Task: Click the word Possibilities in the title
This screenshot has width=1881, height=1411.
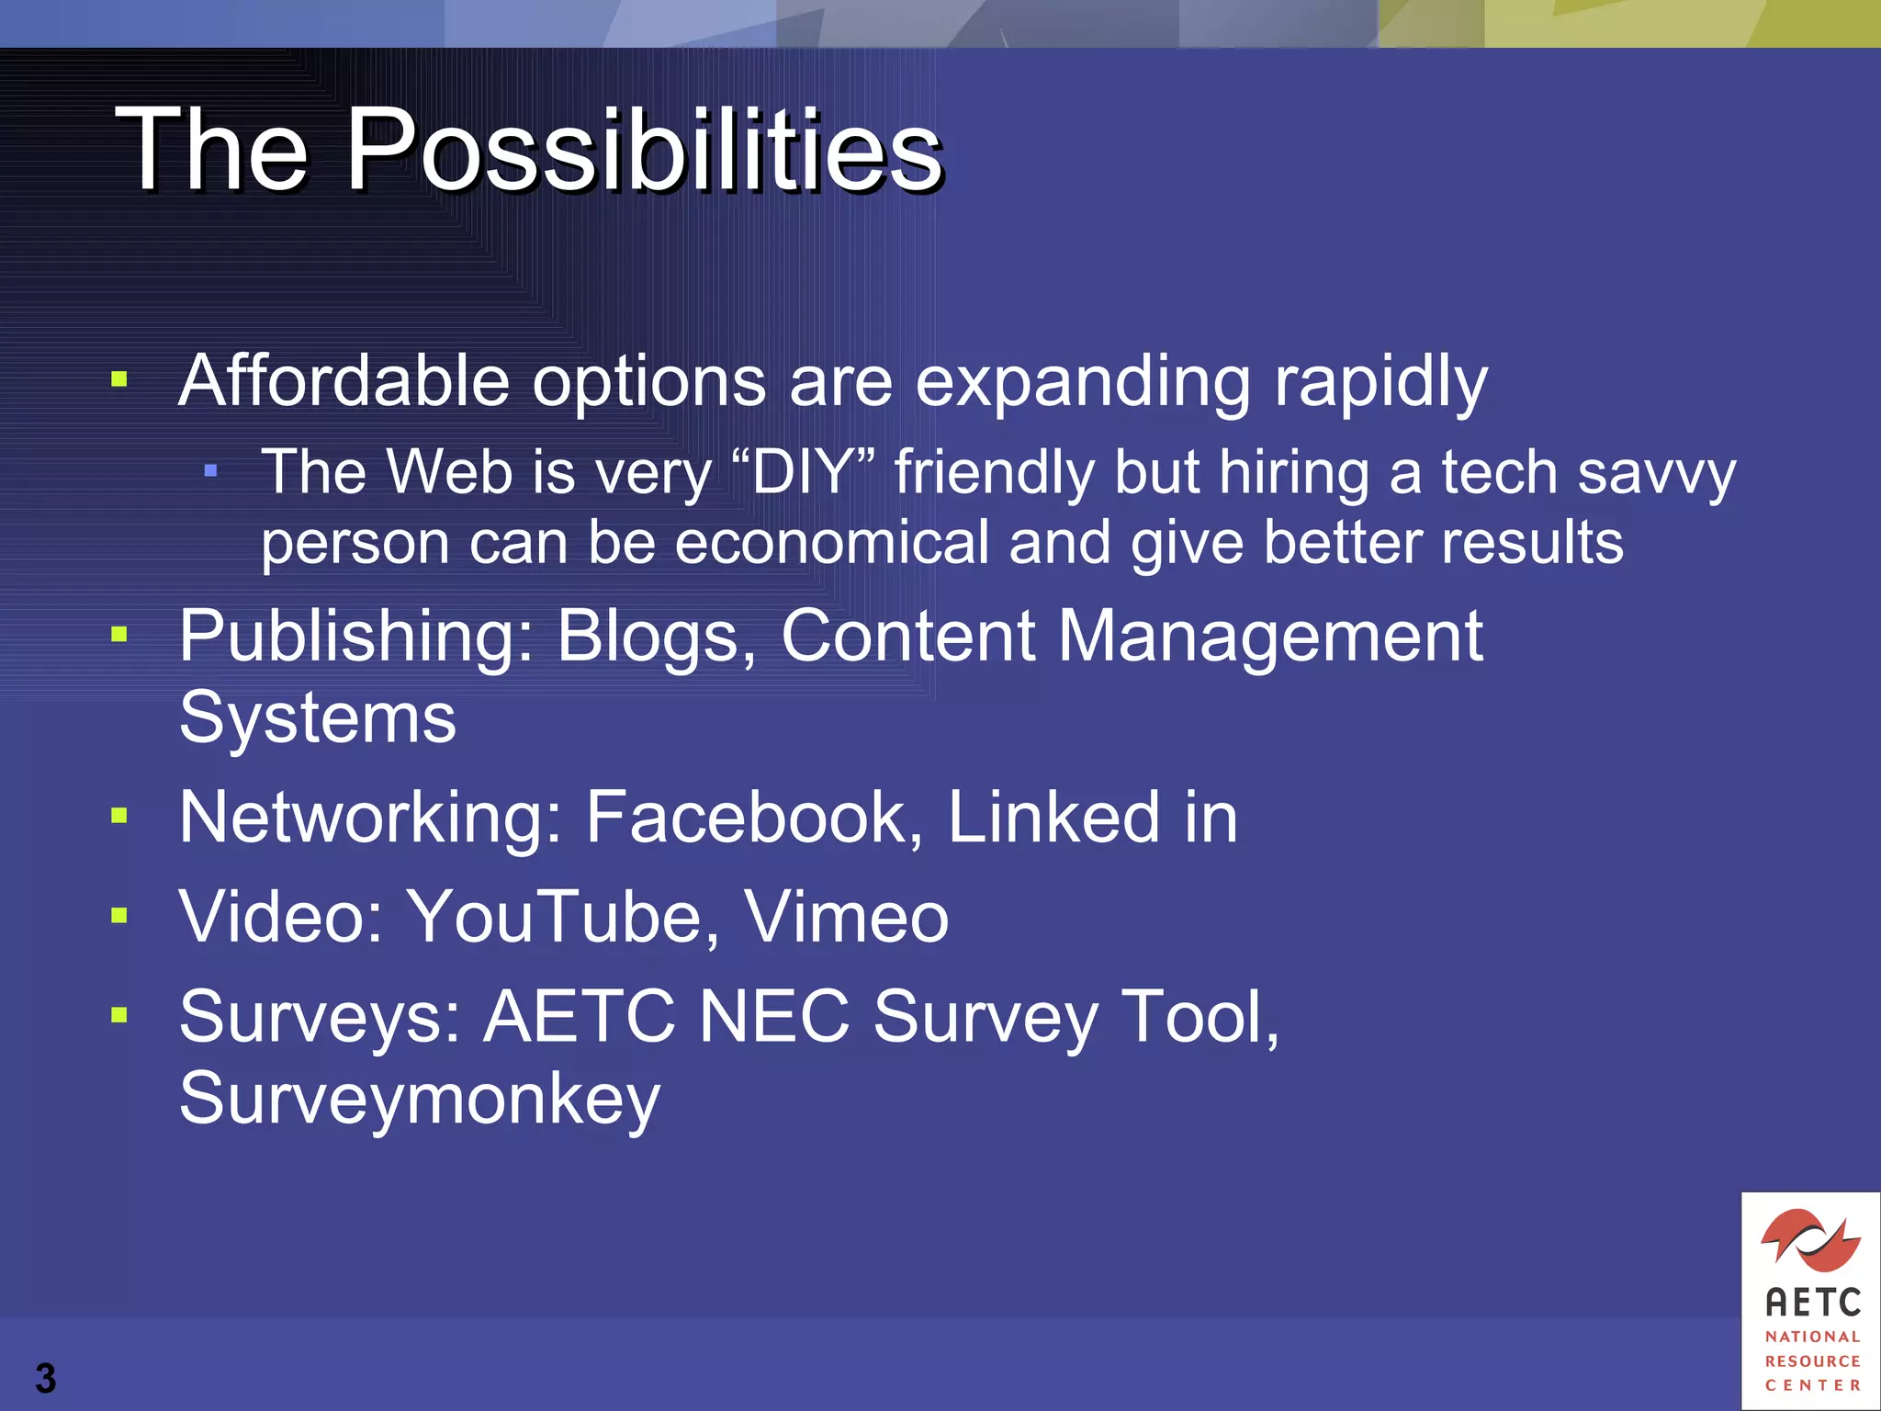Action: coord(643,150)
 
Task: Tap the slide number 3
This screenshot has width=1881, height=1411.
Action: coord(45,1378)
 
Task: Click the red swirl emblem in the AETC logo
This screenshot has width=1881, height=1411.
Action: coord(1810,1241)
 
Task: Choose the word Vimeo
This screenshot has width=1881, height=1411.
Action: coord(845,917)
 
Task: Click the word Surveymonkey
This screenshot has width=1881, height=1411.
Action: coord(420,1099)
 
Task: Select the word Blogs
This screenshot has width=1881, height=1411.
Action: coord(656,636)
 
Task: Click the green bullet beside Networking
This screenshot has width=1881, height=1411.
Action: coord(119,815)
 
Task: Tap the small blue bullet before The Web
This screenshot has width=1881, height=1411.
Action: coord(211,471)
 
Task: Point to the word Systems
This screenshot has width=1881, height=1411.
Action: coord(317,718)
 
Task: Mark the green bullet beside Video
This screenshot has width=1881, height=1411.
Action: coord(119,915)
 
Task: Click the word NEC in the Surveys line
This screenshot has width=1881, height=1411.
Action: coord(773,1017)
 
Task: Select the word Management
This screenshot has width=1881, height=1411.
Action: coord(1269,636)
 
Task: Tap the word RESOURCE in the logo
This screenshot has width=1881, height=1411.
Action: coord(1812,1360)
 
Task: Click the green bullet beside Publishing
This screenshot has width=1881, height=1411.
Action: coord(119,634)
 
